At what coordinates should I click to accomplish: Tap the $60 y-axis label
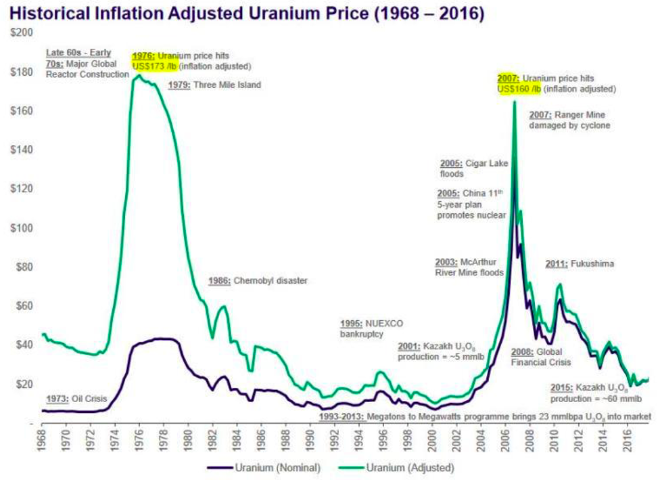[x=24, y=306]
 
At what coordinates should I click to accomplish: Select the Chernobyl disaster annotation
[x=258, y=280]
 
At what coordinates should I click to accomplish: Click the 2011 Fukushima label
[x=580, y=264]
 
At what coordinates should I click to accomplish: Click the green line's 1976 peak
[x=139, y=75]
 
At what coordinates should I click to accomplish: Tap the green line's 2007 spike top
[x=515, y=102]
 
